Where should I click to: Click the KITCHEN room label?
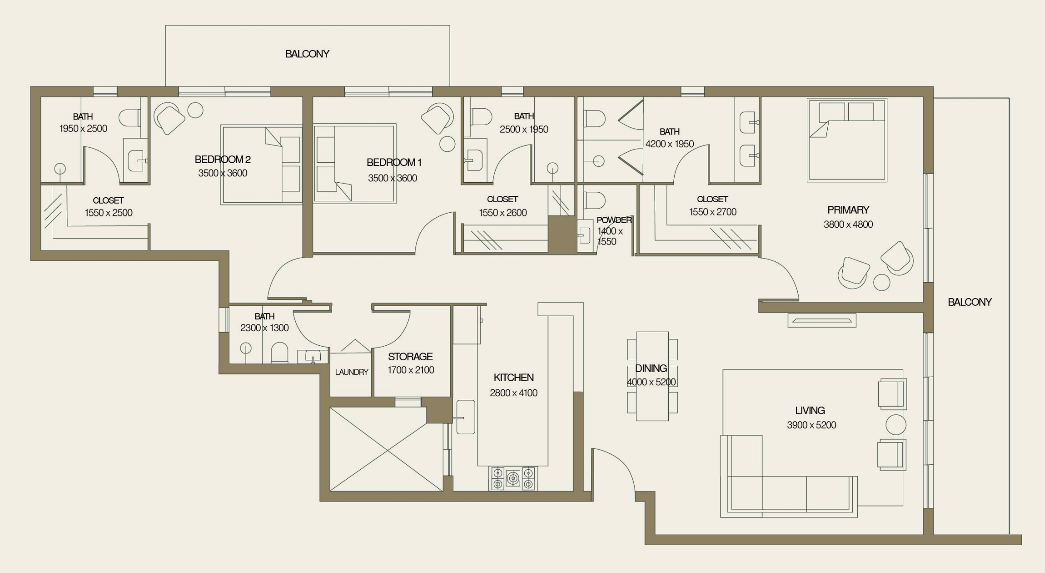click(513, 378)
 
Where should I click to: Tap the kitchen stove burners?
click(513, 478)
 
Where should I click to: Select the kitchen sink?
click(466, 417)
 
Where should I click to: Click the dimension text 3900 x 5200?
click(811, 425)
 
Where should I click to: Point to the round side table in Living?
click(896, 425)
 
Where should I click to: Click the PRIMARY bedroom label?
click(848, 210)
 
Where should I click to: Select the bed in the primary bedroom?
click(847, 140)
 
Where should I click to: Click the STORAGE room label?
click(410, 357)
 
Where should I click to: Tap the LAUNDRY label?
click(351, 372)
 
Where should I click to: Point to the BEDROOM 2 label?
click(222, 159)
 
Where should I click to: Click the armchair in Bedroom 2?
click(169, 118)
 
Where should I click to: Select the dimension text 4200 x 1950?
click(669, 144)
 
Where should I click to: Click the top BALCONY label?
click(307, 54)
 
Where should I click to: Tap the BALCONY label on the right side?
click(969, 302)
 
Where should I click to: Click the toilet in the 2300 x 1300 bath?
click(279, 353)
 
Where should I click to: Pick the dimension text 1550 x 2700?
click(712, 212)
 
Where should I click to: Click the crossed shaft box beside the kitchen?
click(386, 450)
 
